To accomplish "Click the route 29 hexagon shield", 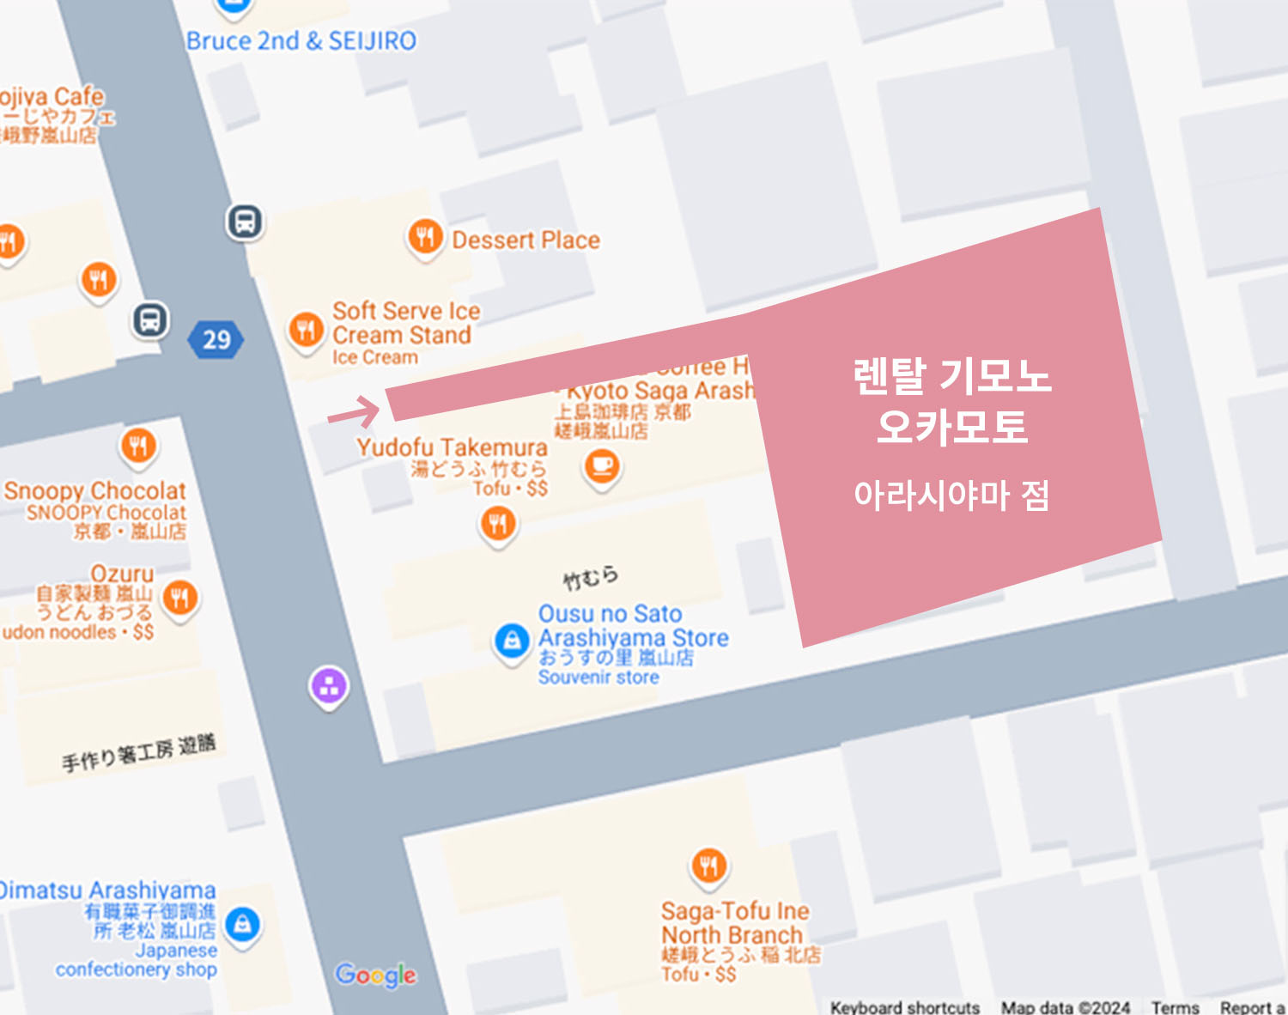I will (x=216, y=339).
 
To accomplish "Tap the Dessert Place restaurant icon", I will (x=425, y=236).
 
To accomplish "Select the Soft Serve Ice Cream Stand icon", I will (x=306, y=329).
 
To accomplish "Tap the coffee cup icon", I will (x=602, y=466).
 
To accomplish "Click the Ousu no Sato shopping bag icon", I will (x=512, y=641).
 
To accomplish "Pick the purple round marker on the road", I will (x=329, y=686).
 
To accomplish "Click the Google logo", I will (x=376, y=974).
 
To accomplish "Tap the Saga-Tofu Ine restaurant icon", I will (x=708, y=866).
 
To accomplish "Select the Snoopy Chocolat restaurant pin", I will (x=138, y=445).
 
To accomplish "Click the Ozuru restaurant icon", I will (x=179, y=597).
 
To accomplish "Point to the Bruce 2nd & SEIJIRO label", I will (x=301, y=40).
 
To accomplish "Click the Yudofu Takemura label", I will (x=452, y=447).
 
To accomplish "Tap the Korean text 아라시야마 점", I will (x=951, y=495).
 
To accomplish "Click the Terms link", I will (x=1175, y=1006).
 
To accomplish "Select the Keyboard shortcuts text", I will (x=904, y=1006).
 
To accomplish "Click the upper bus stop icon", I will (x=245, y=222).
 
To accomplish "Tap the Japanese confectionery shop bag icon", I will (x=243, y=924).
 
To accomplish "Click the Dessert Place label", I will (x=526, y=240).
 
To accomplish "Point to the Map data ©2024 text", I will (x=1065, y=1006).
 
